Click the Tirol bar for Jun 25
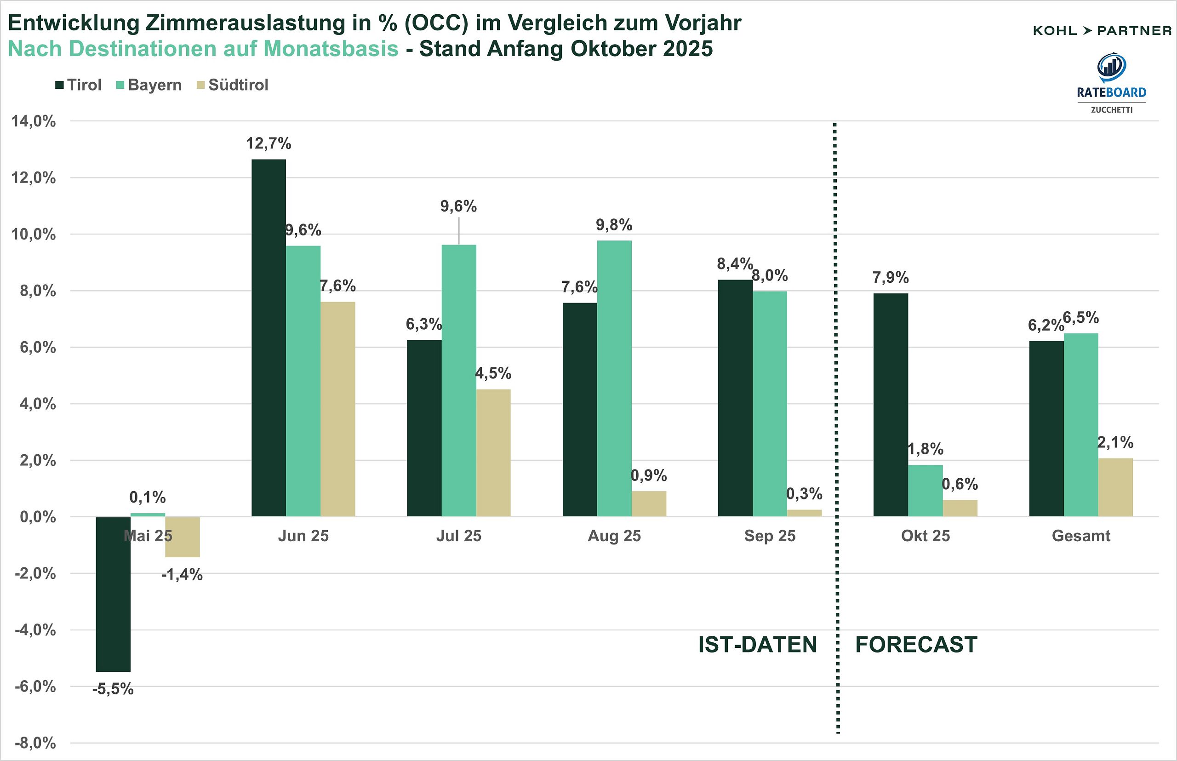(x=269, y=338)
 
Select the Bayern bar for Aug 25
(x=614, y=378)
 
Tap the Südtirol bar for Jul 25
(x=493, y=453)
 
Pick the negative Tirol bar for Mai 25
(x=113, y=595)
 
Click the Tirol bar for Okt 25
(x=891, y=405)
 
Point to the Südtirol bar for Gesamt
(x=1115, y=488)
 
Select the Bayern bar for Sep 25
(x=769, y=404)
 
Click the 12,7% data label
(x=269, y=144)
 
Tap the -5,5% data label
(x=113, y=689)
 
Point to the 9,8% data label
(x=614, y=225)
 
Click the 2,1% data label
(x=1115, y=442)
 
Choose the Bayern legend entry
(x=149, y=85)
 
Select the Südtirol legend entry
(x=232, y=85)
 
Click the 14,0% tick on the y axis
(x=34, y=121)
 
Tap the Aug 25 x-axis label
(x=614, y=536)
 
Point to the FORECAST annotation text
(x=916, y=645)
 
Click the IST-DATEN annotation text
(x=758, y=645)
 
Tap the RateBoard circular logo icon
(x=1111, y=67)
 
